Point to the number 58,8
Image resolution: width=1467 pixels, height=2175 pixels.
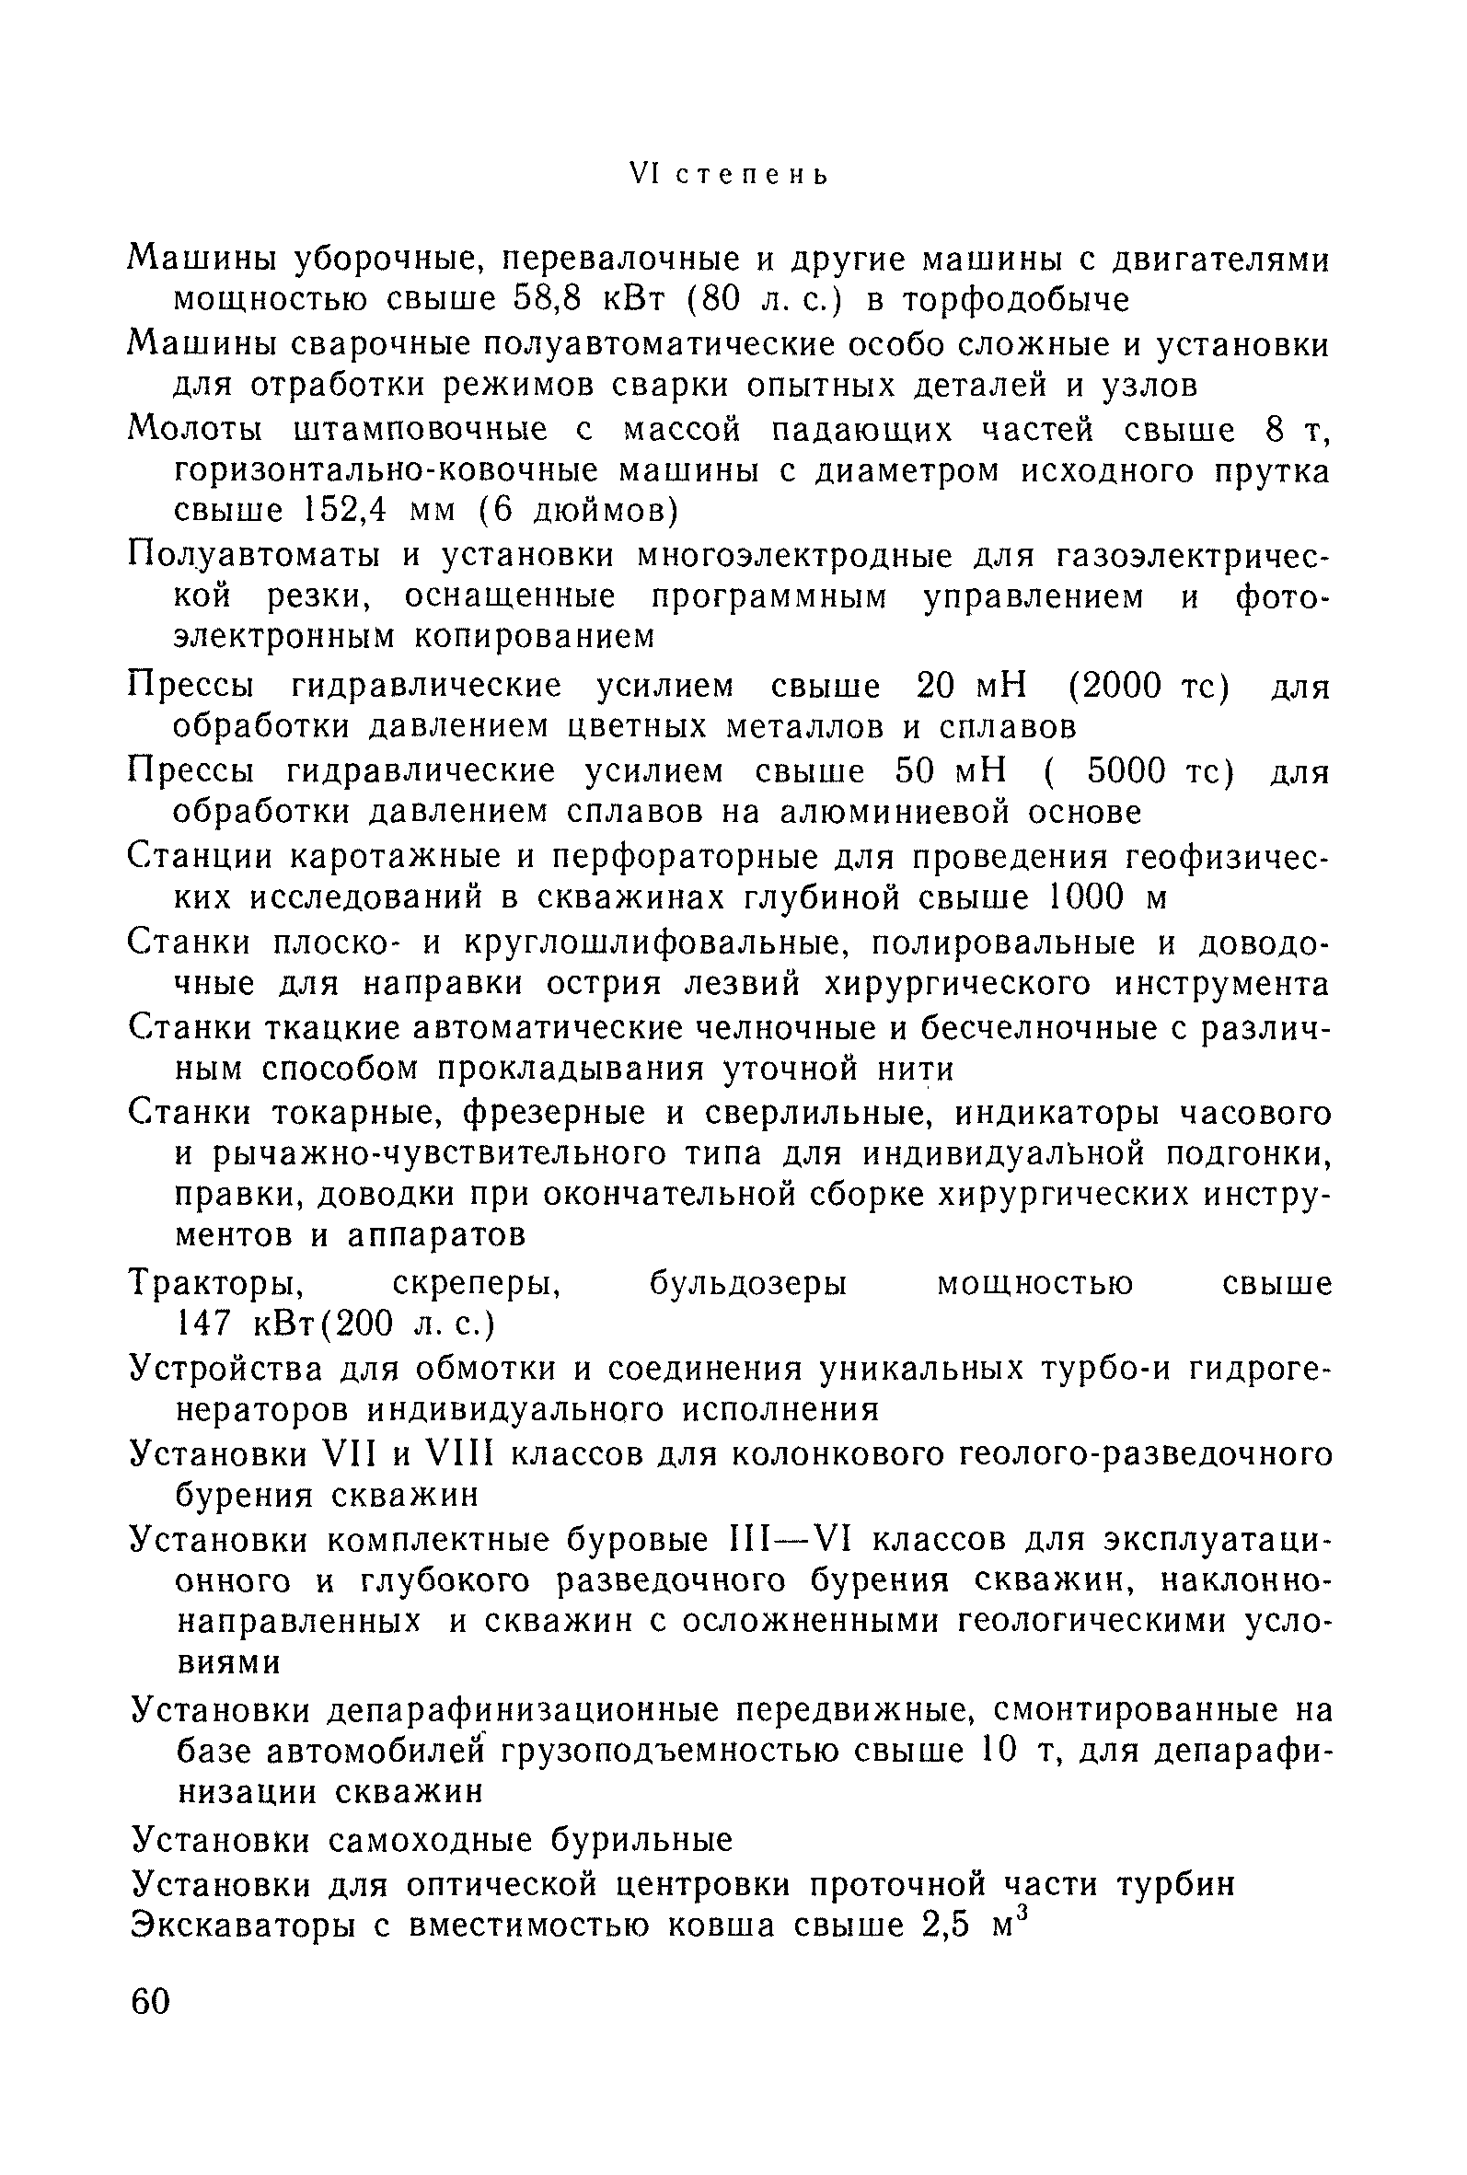(549, 299)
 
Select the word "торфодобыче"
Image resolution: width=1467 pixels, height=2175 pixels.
(1007, 299)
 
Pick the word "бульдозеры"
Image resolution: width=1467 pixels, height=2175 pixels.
(747, 1283)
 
